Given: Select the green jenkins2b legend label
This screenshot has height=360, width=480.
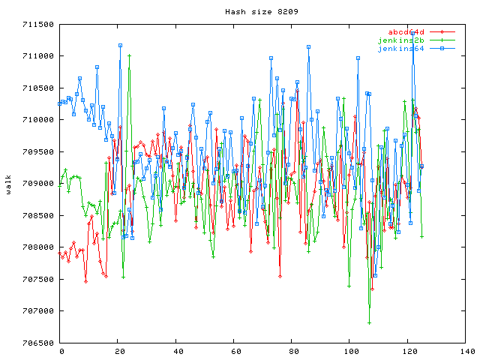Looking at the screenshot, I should [x=401, y=40].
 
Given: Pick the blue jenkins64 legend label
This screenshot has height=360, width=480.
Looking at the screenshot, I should [x=401, y=49].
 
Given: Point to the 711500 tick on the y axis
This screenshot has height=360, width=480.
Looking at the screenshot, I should [x=37, y=24].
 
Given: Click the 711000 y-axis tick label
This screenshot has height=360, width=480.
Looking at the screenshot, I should [x=37, y=56].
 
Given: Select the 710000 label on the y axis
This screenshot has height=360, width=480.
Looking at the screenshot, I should [x=37, y=120].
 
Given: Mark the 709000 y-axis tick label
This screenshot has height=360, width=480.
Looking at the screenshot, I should [x=37, y=184].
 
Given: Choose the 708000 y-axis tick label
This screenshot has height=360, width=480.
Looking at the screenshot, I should [x=37, y=247].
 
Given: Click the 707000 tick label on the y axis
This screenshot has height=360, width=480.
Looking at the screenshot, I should [x=37, y=311].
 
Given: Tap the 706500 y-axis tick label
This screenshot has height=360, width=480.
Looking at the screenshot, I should [x=37, y=343].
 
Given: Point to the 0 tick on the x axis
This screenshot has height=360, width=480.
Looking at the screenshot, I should [x=61, y=351].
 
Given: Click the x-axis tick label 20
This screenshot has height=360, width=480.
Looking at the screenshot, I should [x=118, y=351].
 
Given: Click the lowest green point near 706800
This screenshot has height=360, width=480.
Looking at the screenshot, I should [x=370, y=322].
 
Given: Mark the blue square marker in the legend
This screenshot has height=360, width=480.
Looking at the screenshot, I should [x=442, y=49].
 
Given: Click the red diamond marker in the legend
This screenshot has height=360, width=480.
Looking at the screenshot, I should [x=442, y=32].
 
